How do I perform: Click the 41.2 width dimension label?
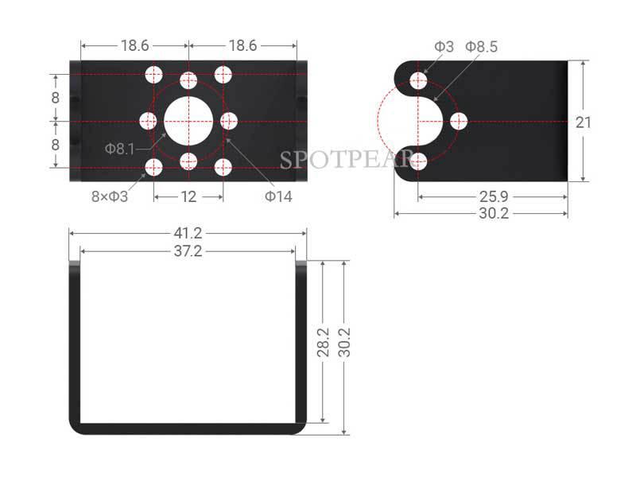click(x=188, y=233)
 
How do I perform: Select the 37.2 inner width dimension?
click(x=188, y=251)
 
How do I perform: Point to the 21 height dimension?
click(x=584, y=121)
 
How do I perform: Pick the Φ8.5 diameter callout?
click(x=482, y=47)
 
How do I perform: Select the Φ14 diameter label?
click(x=278, y=196)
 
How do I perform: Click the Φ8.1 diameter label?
click(x=120, y=148)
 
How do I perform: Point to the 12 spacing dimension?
click(x=188, y=196)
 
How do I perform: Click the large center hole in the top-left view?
click(x=188, y=121)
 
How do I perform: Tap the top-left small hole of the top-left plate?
click(x=154, y=75)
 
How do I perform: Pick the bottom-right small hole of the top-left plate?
click(x=223, y=167)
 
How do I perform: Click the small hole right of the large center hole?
click(x=229, y=121)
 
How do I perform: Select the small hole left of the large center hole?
click(x=149, y=121)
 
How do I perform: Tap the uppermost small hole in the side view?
click(x=419, y=80)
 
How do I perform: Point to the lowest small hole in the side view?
click(x=419, y=162)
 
